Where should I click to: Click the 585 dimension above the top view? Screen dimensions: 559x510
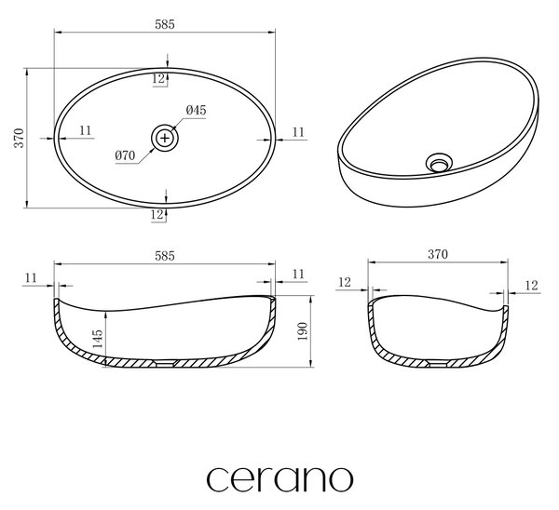165,24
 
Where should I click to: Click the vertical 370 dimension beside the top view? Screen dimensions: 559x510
19,138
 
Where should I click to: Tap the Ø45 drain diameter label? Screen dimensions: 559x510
196,110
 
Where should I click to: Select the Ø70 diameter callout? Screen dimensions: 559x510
125,155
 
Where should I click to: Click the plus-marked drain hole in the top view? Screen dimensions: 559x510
165,138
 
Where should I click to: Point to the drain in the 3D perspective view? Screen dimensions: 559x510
439,163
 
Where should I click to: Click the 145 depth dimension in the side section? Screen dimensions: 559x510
97,339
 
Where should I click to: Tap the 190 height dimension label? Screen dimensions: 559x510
302,331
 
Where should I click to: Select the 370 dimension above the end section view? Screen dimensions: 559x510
438,254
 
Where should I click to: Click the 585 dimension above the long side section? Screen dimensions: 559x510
165,256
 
